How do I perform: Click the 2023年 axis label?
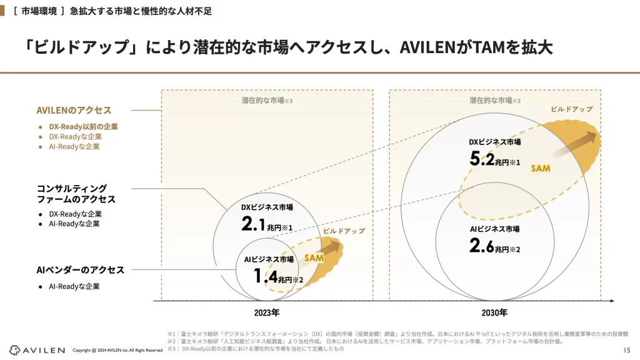(x=267, y=312)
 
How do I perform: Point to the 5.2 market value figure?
(x=484, y=159)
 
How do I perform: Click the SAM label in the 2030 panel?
(x=541, y=169)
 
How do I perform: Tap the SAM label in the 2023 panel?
(x=314, y=257)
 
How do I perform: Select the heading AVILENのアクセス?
(x=74, y=110)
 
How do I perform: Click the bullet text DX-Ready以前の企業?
(x=83, y=126)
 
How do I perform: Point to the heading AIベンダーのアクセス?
(x=80, y=270)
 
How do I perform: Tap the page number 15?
(x=627, y=349)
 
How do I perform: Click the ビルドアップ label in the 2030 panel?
(x=571, y=109)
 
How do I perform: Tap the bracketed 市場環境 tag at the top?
(x=39, y=10)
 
